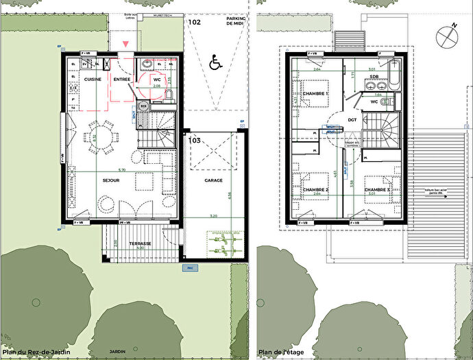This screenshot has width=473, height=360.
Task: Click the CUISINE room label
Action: [x=93, y=80]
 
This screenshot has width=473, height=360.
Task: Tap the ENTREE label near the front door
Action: [x=122, y=80]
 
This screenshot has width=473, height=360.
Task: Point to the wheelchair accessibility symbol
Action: [x=215, y=64]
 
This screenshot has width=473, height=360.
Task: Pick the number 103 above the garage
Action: [x=194, y=140]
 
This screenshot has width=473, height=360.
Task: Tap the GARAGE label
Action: [x=213, y=181]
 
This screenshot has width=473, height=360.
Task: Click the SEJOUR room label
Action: [x=111, y=181]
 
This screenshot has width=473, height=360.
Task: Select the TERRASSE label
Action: [x=142, y=243]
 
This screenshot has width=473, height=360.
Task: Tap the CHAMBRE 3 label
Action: [x=378, y=189]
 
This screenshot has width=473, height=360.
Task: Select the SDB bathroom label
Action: [x=374, y=77]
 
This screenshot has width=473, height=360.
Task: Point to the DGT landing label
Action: [x=352, y=119]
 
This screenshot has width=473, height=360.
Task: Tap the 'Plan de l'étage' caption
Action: [x=280, y=355]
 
